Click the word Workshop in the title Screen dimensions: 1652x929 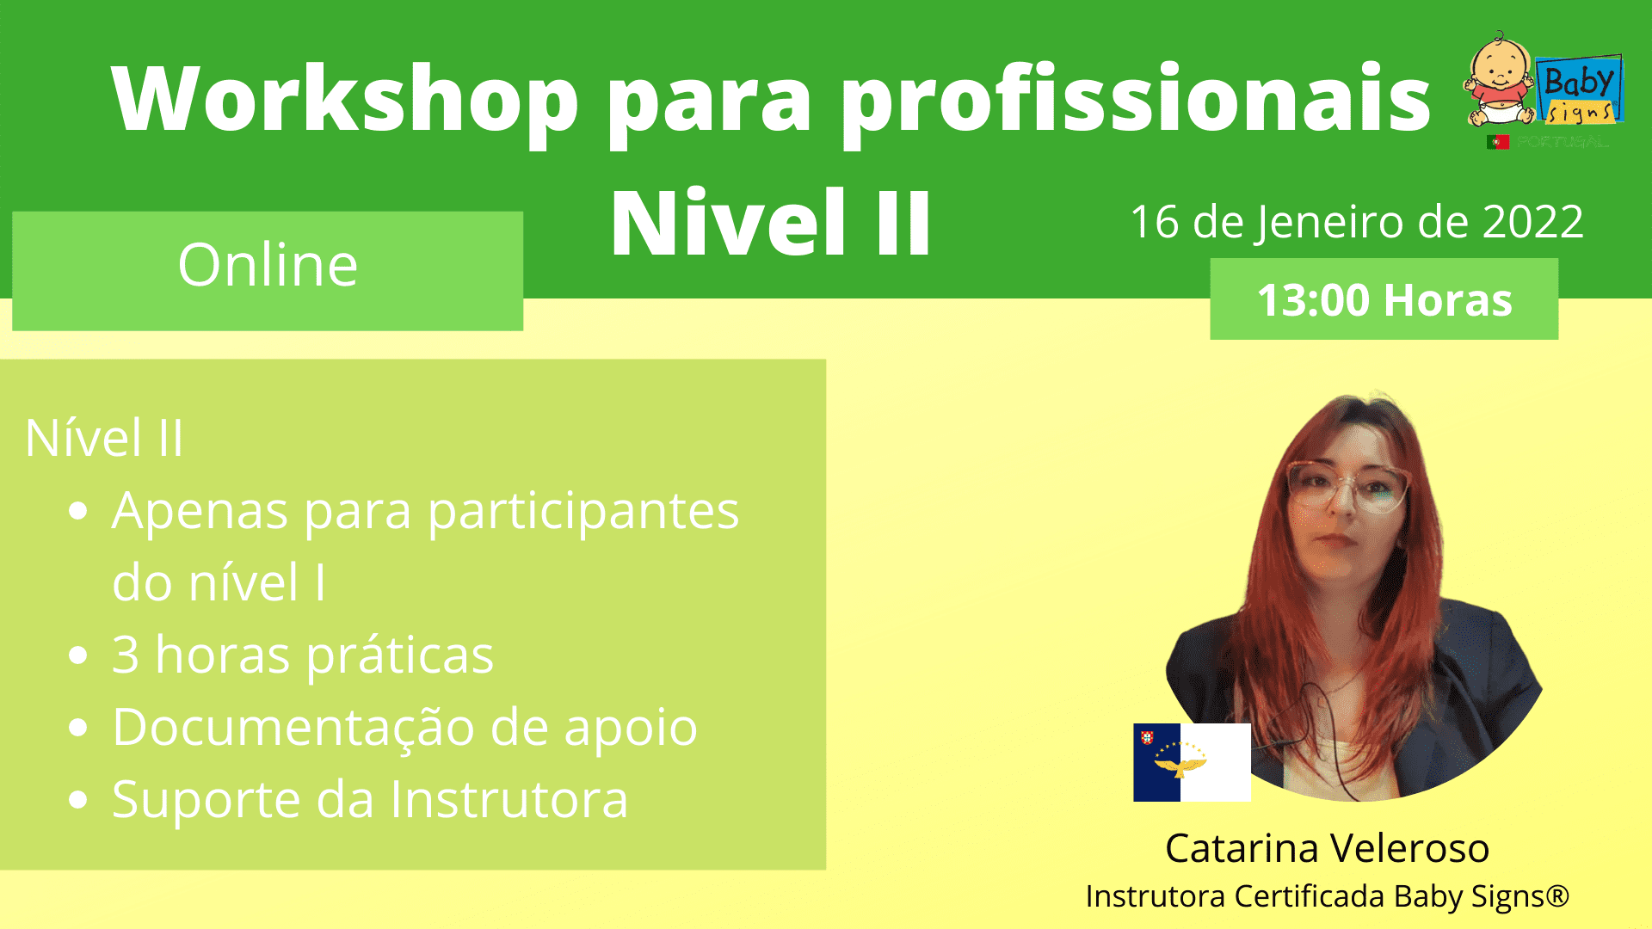[345, 98]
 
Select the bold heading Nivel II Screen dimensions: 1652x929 [771, 223]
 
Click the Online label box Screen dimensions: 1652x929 [268, 270]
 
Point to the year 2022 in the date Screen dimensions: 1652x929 [1532, 222]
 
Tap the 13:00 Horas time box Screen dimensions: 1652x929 [1384, 298]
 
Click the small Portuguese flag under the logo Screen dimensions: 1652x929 [1497, 142]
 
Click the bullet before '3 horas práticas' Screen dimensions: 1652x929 [78, 655]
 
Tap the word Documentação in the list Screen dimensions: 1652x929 [293, 729]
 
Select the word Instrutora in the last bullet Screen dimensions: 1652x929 [509, 799]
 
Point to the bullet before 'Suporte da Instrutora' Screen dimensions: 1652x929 [78, 800]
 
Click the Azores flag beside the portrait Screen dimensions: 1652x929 [1192, 762]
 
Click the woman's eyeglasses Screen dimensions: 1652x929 [1347, 485]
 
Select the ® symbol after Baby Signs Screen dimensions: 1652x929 [1557, 895]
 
